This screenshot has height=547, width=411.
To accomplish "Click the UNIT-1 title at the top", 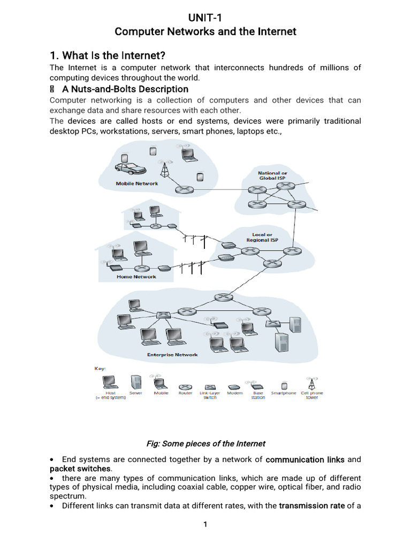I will (205, 19).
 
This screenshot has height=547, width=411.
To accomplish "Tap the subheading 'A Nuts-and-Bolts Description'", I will (126, 89).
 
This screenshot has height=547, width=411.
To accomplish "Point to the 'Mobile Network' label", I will (137, 184).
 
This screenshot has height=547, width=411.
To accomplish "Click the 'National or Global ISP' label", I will (272, 176).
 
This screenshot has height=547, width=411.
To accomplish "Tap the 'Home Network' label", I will (136, 277).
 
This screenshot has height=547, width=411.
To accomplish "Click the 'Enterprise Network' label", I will (172, 354).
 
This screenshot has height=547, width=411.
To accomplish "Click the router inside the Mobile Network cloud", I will (184, 190).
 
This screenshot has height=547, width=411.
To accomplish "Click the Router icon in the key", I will (185, 387).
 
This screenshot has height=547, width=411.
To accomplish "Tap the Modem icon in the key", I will (234, 387).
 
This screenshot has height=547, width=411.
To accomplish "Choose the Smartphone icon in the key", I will (284, 386).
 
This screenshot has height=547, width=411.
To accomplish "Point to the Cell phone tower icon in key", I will (311, 383).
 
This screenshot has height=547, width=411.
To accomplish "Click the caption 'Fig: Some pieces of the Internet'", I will (205, 443).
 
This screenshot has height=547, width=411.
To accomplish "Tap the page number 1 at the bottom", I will (205, 525).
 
